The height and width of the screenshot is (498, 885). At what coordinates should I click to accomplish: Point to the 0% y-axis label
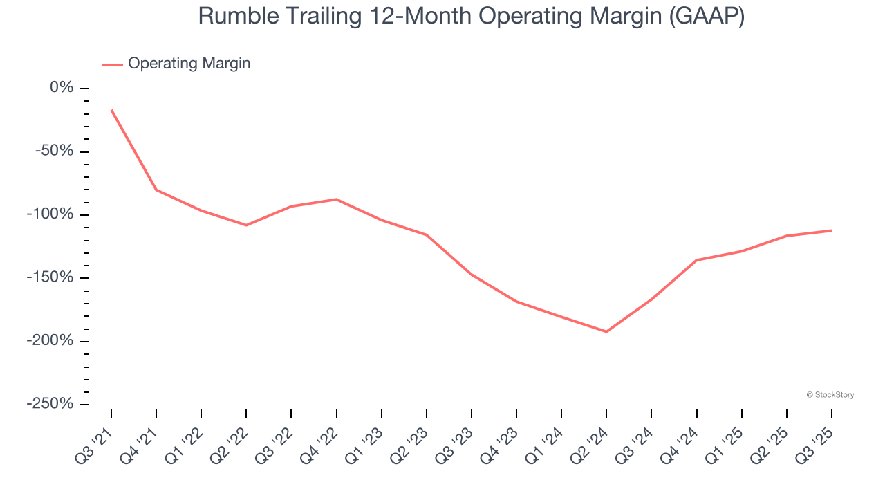(x=62, y=88)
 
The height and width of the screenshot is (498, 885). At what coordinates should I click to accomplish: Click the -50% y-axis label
(x=55, y=151)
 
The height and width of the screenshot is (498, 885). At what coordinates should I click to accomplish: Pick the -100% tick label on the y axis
(x=50, y=214)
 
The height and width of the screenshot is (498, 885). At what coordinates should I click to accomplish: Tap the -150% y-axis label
(x=50, y=277)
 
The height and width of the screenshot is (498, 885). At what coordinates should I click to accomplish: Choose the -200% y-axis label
(x=50, y=340)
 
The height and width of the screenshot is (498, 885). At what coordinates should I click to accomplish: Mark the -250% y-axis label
(x=50, y=403)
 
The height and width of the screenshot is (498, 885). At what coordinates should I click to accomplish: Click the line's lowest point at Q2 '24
(x=606, y=331)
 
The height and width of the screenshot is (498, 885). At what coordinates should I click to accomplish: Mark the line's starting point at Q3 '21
(x=111, y=110)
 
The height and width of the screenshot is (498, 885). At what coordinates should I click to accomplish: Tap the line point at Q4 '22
(x=337, y=199)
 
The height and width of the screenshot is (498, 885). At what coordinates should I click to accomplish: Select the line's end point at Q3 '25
(x=831, y=230)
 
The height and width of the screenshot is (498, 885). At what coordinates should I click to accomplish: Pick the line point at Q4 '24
(x=696, y=260)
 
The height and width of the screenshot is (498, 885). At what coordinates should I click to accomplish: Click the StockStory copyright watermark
(x=830, y=395)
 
